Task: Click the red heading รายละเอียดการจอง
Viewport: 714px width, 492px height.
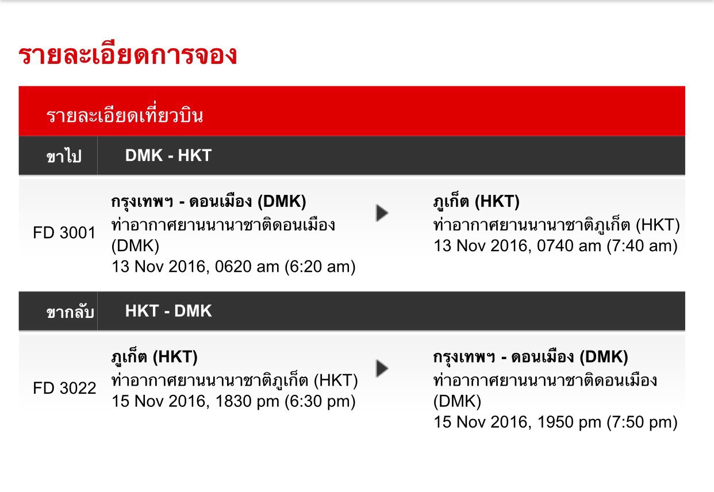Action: pyautogui.click(x=128, y=55)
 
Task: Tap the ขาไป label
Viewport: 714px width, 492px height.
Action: pyautogui.click(x=64, y=156)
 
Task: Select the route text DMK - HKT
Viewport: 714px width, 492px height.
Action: pyautogui.click(x=168, y=156)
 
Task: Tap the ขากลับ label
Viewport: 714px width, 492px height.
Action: pyautogui.click(x=70, y=312)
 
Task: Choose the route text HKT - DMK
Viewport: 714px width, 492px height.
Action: pyautogui.click(x=168, y=311)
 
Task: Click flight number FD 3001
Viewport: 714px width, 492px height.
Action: pyautogui.click(x=64, y=233)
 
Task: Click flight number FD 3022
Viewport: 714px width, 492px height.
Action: pyautogui.click(x=64, y=388)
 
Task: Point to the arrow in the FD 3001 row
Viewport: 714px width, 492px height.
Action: pyautogui.click(x=382, y=213)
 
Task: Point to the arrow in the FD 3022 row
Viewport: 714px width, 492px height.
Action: pyautogui.click(x=382, y=368)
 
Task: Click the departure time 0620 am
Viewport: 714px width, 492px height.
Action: pyautogui.click(x=247, y=266)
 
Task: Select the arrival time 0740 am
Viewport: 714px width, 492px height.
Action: pyautogui.click(x=569, y=245)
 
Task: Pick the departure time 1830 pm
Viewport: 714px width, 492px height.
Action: pyautogui.click(x=247, y=401)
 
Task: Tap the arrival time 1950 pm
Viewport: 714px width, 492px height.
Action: pyautogui.click(x=569, y=422)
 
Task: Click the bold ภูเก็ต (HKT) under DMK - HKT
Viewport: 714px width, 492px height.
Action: pyautogui.click(x=477, y=202)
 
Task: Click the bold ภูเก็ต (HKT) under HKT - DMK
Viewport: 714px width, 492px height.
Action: pyautogui.click(x=155, y=358)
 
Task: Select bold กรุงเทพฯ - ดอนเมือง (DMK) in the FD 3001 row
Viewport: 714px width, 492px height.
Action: pyautogui.click(x=209, y=202)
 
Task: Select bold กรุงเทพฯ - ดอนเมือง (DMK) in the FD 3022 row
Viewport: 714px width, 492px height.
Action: pyautogui.click(x=531, y=358)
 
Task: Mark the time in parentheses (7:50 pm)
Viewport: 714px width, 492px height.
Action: pyautogui.click(x=642, y=422)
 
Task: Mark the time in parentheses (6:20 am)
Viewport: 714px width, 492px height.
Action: pyautogui.click(x=320, y=267)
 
